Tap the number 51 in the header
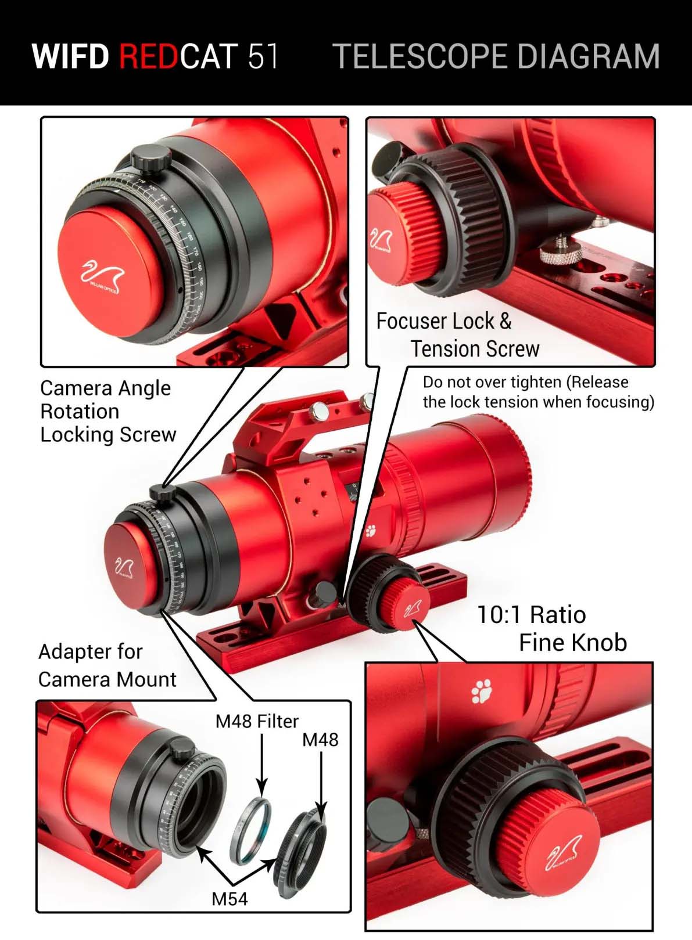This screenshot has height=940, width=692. tap(263, 56)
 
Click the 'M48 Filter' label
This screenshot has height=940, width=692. tap(257, 722)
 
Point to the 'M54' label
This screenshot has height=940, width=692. tap(229, 899)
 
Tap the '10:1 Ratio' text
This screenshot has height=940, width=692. tap(531, 615)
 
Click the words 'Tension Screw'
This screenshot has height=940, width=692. tap(475, 349)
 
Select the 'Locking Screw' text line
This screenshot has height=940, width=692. tap(108, 434)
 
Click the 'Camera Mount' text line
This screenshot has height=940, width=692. tap(107, 679)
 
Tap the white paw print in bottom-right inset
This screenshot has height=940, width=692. tap(482, 692)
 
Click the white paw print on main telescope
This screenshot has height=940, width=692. tap(371, 530)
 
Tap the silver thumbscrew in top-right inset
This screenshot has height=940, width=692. tap(560, 250)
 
